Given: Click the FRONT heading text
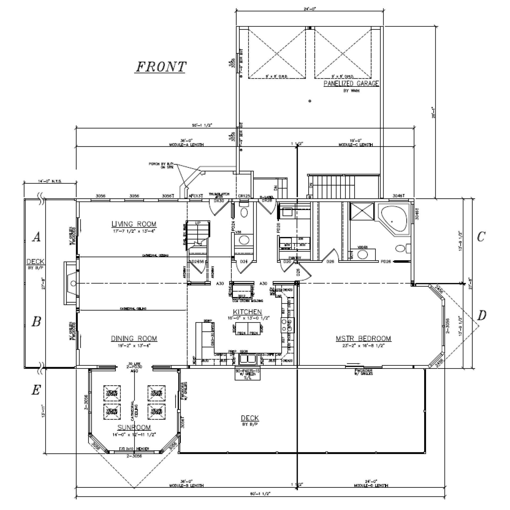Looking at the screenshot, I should click(x=161, y=67).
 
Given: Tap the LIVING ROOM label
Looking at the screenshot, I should click(x=134, y=224).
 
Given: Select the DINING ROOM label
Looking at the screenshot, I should click(x=134, y=338).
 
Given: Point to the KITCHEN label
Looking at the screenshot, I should click(x=247, y=312).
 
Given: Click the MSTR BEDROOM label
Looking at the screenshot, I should click(x=363, y=338).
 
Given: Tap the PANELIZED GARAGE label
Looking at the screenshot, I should click(x=351, y=84).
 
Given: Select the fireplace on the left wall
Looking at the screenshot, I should click(x=71, y=283).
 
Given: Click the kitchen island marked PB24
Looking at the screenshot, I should click(x=248, y=329).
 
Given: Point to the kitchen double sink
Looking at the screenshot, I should click(x=248, y=359).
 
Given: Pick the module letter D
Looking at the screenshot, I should click(x=481, y=316).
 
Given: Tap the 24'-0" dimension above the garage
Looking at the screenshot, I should click(x=309, y=9).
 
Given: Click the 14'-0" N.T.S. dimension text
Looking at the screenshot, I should click(x=50, y=181).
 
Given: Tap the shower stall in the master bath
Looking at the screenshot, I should click(x=362, y=212).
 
